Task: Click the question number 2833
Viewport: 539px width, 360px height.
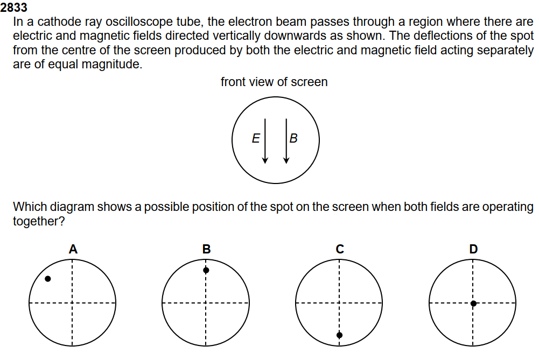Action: pyautogui.click(x=14, y=8)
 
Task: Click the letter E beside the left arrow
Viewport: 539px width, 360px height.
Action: pyautogui.click(x=256, y=139)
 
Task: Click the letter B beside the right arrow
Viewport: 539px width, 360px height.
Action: pyautogui.click(x=293, y=139)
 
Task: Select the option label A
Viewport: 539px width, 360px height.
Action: pyautogui.click(x=73, y=249)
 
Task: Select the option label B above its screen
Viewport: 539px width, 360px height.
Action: pyautogui.click(x=206, y=249)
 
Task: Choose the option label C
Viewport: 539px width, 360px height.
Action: pyautogui.click(x=340, y=249)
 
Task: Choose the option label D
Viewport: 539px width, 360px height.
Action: pyautogui.click(x=473, y=249)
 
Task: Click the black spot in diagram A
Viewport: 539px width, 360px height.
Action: pyautogui.click(x=48, y=279)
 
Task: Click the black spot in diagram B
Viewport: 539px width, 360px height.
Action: pyautogui.click(x=206, y=270)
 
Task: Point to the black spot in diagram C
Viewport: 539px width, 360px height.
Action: pyautogui.click(x=339, y=335)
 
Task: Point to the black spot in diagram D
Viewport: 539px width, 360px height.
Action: pyautogui.click(x=473, y=303)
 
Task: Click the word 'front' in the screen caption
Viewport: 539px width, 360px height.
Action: pyautogui.click(x=233, y=82)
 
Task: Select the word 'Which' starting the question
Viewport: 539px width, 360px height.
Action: pyautogui.click(x=27, y=207)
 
